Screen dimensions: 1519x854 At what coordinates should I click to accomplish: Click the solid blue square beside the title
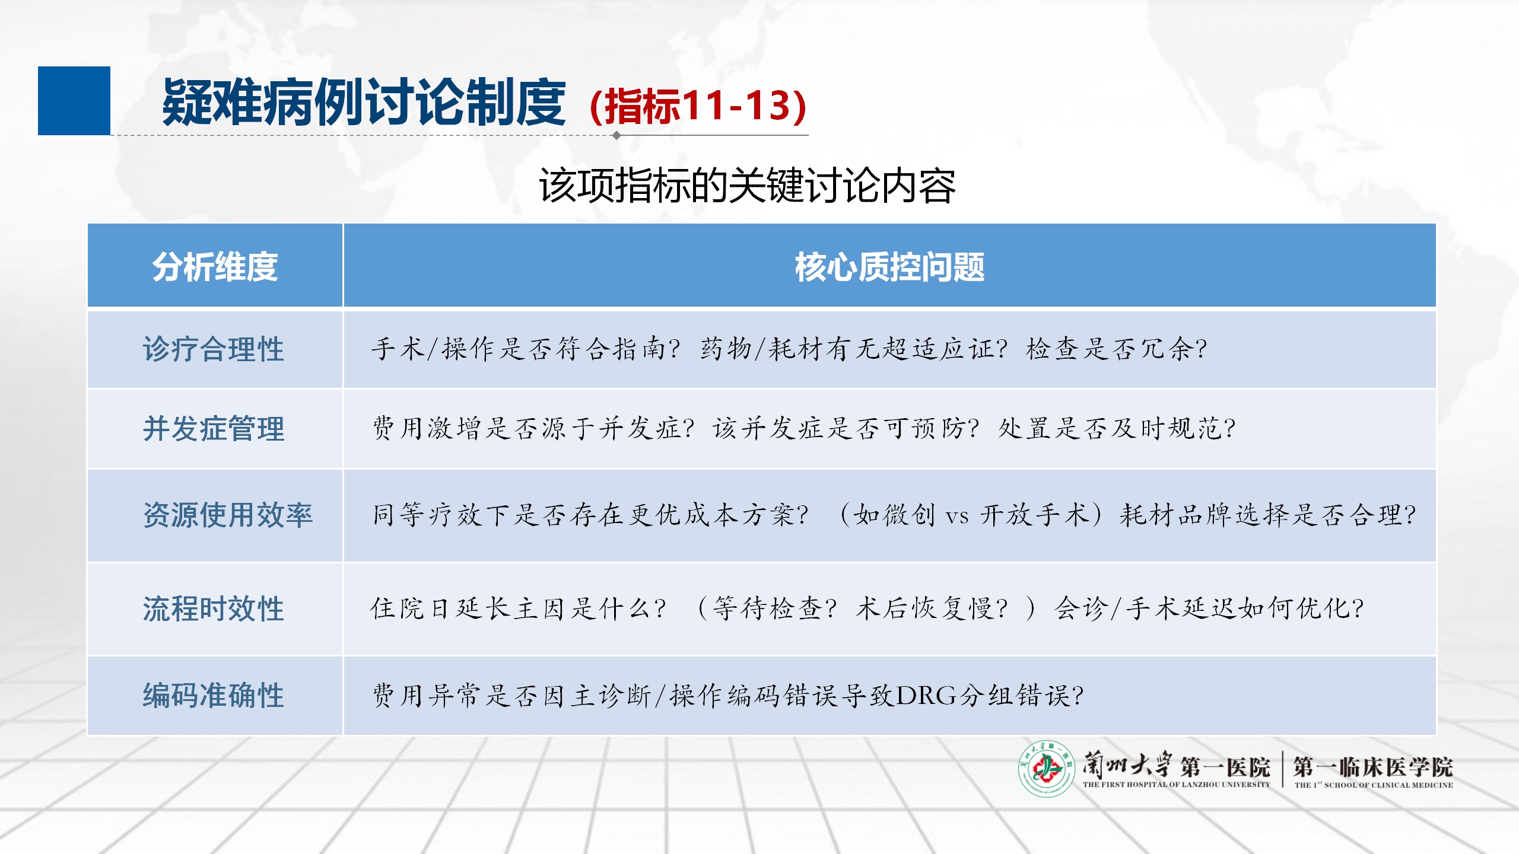(x=74, y=101)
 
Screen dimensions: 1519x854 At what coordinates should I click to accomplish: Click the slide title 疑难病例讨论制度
(x=364, y=103)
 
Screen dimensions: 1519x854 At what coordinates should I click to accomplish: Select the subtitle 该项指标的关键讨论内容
(x=747, y=186)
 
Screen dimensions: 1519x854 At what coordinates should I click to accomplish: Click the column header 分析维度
(x=215, y=267)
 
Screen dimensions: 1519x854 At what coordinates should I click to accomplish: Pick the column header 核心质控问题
(x=889, y=267)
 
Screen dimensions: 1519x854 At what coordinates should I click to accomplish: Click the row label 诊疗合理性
(x=214, y=349)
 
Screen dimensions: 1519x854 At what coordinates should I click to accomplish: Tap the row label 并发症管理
(x=214, y=428)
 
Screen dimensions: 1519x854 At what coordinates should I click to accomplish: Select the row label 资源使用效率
(x=228, y=514)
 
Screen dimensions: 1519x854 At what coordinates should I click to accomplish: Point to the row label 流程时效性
(x=214, y=608)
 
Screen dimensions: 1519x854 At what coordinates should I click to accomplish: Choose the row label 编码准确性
(x=214, y=695)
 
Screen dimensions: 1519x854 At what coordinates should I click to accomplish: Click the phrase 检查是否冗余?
(x=1116, y=349)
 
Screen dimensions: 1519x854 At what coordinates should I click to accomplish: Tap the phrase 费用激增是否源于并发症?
(x=533, y=428)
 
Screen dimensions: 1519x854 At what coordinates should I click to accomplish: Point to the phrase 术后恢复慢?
(x=932, y=608)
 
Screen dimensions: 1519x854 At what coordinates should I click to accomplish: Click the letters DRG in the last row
(x=926, y=696)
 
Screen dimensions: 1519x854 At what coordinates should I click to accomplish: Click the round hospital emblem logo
(x=1047, y=769)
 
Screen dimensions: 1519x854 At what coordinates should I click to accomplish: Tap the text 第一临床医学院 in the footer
(x=1373, y=766)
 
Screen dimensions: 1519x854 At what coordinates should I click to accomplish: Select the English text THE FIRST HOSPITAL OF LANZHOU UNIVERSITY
(x=1177, y=785)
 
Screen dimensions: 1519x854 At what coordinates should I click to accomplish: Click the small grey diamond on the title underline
(x=617, y=135)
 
